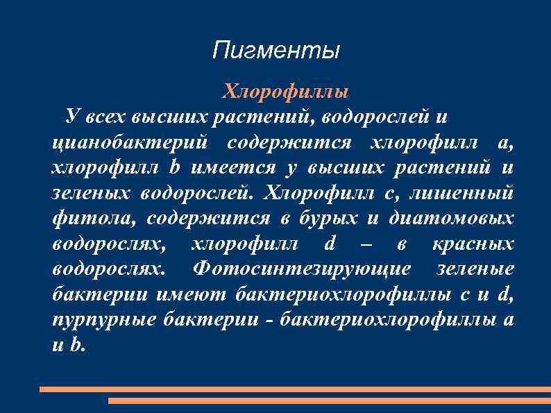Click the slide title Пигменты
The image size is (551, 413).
click(x=276, y=51)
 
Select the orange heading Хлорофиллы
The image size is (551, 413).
click(x=285, y=91)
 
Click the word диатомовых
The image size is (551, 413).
click(x=452, y=219)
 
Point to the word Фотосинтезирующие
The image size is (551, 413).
click(x=303, y=269)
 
